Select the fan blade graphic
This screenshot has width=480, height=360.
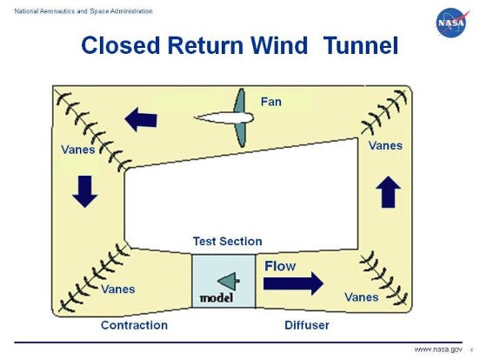[x=223, y=118]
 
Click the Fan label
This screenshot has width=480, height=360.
[x=271, y=102]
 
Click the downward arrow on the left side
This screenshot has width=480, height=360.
[x=84, y=190]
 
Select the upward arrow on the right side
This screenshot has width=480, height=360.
[x=389, y=191]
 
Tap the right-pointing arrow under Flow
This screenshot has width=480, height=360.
[x=292, y=283]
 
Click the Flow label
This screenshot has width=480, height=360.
[x=280, y=265]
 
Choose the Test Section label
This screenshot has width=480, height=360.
[x=227, y=241]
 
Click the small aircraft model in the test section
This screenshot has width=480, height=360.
[x=227, y=280]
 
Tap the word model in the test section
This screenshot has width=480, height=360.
[x=217, y=297]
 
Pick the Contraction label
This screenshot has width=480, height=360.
[x=134, y=325]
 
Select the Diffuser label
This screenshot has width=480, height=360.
[x=307, y=325]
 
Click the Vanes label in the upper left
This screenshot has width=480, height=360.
[x=78, y=150]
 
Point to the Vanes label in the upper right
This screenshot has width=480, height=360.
[x=385, y=145]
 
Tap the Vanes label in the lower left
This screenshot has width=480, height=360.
[x=118, y=289]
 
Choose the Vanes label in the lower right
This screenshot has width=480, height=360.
[x=361, y=297]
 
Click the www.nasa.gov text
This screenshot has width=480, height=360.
[x=437, y=349]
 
